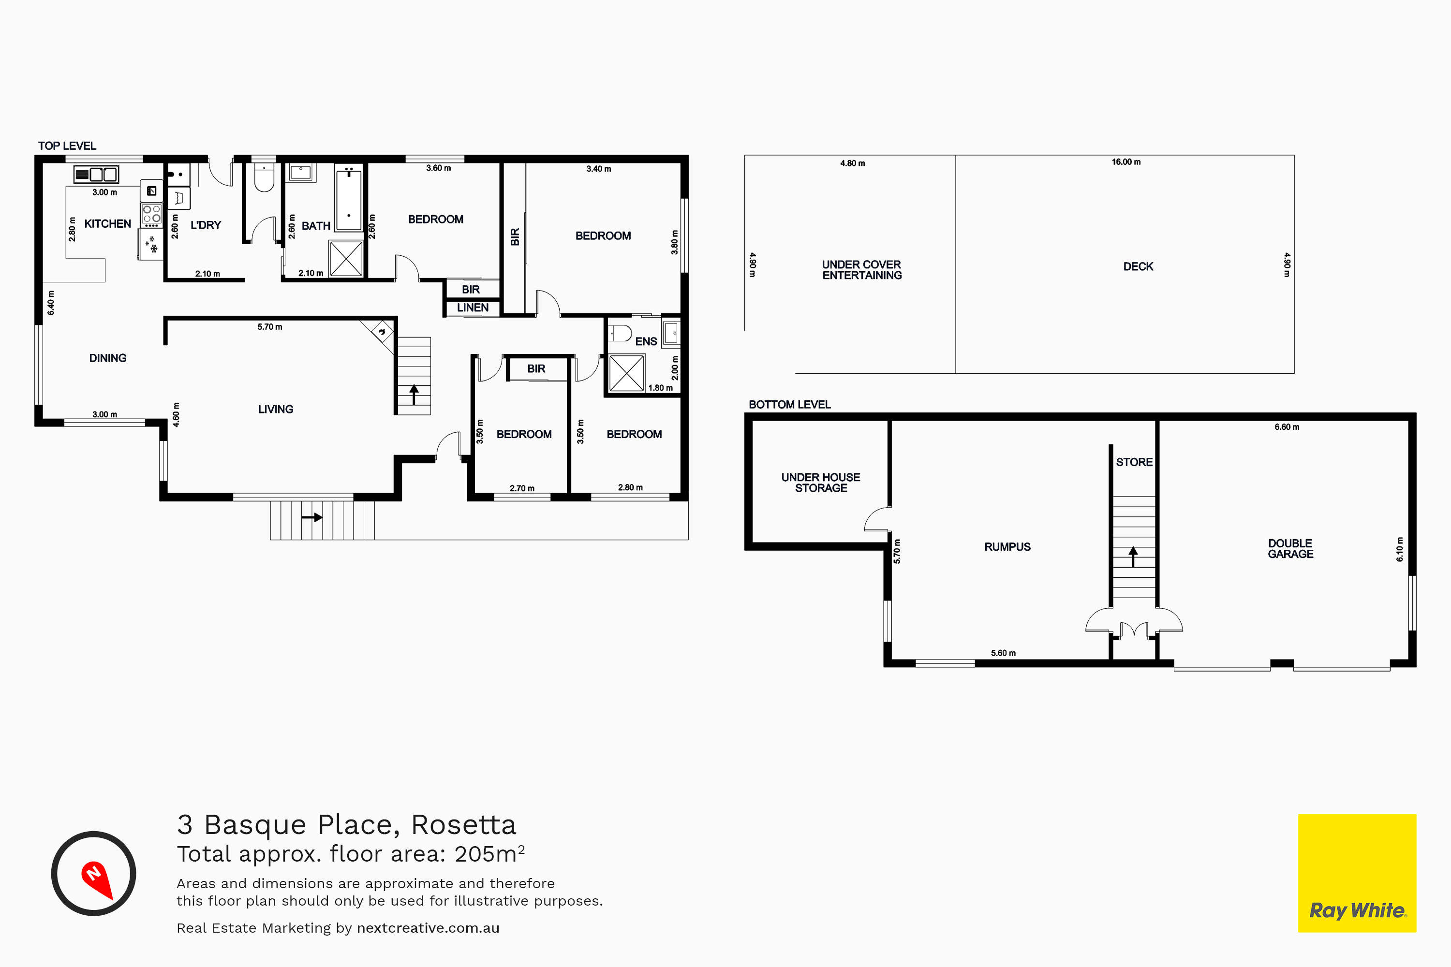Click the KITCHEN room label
(x=107, y=224)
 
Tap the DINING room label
(x=108, y=358)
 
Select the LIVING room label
(x=276, y=410)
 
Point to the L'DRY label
(x=206, y=225)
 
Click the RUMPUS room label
(x=1007, y=547)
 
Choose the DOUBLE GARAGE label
(x=1290, y=549)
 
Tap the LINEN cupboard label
(x=473, y=308)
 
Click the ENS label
(x=646, y=342)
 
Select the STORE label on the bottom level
(x=1134, y=463)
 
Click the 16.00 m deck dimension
(x=1126, y=162)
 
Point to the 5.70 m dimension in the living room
(x=269, y=327)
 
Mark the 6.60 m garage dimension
(x=1287, y=427)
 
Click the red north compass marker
(x=97, y=879)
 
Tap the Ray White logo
(x=1357, y=873)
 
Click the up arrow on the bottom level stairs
(x=1133, y=557)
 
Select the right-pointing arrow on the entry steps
(x=312, y=517)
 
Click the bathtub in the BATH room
(x=349, y=198)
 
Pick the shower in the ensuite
(x=627, y=373)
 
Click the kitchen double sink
(x=96, y=175)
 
